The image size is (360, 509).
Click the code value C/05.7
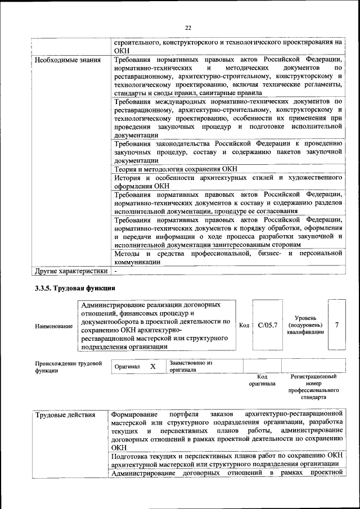268,325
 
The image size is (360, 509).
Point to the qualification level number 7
336,325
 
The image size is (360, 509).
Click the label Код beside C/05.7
244,325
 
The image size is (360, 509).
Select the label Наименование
53,326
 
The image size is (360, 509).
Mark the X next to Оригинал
152,366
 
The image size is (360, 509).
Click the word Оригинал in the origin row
127,366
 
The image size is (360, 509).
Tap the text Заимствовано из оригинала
191,367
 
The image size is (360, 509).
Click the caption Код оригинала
262,380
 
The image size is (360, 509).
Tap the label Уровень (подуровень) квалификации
305,325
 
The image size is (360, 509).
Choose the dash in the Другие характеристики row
116,271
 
